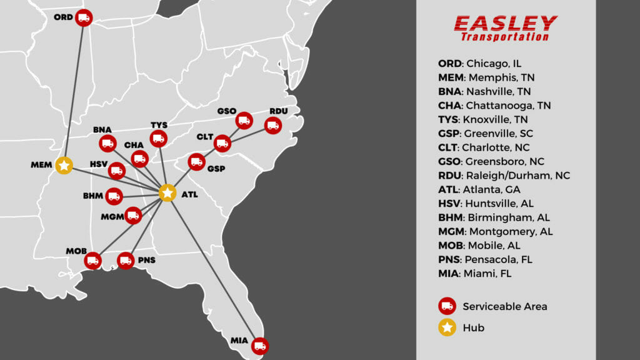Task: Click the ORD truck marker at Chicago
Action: (84, 17)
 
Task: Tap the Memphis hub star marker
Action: (64, 165)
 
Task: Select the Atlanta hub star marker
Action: (167, 193)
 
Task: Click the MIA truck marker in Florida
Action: (259, 344)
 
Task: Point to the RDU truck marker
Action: (272, 126)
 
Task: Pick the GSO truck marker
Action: (244, 120)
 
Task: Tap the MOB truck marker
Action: (93, 260)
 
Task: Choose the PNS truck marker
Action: (126, 260)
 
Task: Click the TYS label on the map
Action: (159, 125)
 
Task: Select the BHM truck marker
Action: (114, 196)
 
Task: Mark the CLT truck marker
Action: (222, 144)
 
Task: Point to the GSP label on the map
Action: (216, 169)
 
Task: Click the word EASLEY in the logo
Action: (505, 24)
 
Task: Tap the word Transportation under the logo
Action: (505, 37)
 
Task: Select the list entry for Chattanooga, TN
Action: (494, 106)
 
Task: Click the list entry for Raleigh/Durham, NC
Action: (504, 176)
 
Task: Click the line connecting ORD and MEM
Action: (74, 91)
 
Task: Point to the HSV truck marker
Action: (116, 170)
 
